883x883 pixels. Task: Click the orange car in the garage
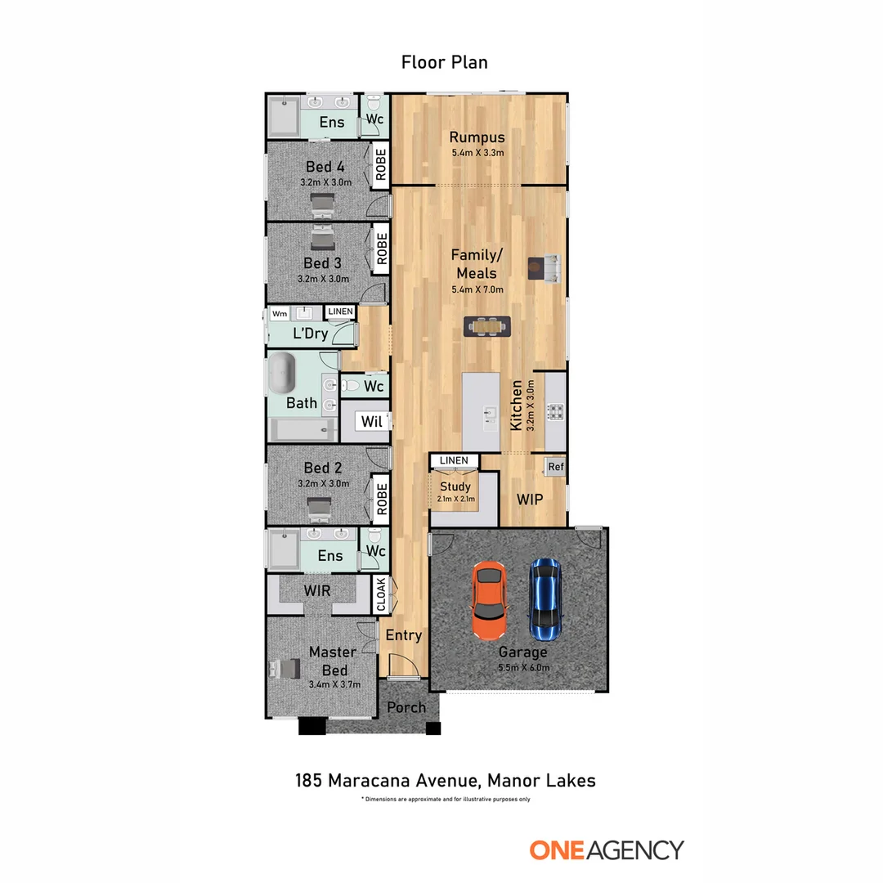(x=489, y=601)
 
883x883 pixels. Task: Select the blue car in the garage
(x=545, y=599)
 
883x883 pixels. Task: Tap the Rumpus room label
(x=477, y=137)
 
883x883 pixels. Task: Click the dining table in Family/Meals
(x=487, y=326)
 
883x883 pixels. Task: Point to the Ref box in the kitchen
(x=556, y=467)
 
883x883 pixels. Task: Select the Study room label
(x=456, y=486)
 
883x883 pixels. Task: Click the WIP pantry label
(x=530, y=499)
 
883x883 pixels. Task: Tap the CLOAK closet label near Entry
(x=380, y=594)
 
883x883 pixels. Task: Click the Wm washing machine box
(x=280, y=313)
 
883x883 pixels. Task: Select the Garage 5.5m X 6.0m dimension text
(x=523, y=668)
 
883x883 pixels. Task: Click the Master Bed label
(x=332, y=661)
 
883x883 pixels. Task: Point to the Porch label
(x=406, y=706)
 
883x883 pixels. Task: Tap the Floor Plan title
(x=444, y=62)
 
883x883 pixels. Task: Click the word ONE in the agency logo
(x=556, y=849)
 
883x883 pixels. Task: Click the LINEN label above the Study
(x=454, y=461)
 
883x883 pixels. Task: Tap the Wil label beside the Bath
(x=372, y=422)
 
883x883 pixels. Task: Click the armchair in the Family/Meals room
(x=544, y=267)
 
